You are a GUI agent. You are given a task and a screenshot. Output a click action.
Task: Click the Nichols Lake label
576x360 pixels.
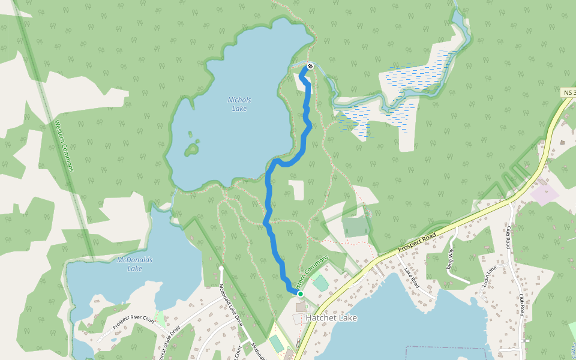coord(239,104)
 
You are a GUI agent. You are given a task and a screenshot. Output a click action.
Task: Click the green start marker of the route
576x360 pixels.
coord(300,294)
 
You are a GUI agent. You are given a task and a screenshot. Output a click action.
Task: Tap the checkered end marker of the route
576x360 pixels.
coord(310,66)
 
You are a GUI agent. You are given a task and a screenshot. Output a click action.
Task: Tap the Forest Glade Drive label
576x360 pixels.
coord(167,343)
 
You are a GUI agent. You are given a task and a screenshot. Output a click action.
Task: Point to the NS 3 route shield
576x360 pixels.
coord(569,92)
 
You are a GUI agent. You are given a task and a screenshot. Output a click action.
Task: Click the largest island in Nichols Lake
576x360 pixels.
coord(192,148)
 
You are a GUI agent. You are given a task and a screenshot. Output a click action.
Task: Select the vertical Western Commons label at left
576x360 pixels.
coord(63,146)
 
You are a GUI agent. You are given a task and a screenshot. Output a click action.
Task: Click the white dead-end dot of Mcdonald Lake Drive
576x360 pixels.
coord(221,268)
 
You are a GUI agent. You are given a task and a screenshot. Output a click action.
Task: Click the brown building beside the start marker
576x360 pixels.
coord(300,307)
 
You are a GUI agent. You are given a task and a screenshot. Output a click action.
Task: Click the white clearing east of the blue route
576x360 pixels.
coord(296,190)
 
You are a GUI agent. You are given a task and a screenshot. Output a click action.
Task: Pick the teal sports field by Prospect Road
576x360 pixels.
coord(320,283)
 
